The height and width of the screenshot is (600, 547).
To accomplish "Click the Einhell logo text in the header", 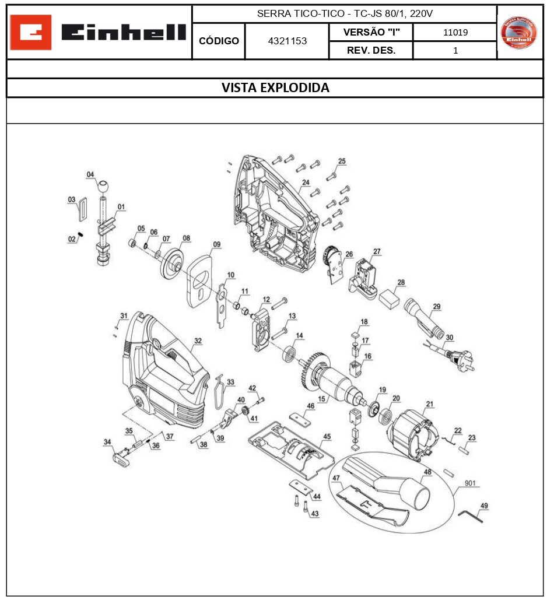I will tap(124, 33).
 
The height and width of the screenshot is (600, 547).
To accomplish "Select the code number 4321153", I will tap(287, 41).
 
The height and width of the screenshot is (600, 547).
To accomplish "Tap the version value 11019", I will tap(455, 33).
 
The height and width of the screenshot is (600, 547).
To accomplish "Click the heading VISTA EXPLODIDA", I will tap(275, 88).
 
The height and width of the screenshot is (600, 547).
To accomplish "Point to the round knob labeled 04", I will tap(103, 187).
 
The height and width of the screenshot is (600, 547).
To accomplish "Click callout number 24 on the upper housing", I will tap(305, 183).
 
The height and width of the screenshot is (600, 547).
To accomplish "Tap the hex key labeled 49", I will tap(470, 515).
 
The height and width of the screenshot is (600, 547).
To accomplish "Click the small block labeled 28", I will tap(388, 300).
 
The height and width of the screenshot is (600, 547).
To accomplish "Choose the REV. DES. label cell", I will tap(371, 51).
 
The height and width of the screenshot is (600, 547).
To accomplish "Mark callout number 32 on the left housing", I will tap(198, 341).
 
